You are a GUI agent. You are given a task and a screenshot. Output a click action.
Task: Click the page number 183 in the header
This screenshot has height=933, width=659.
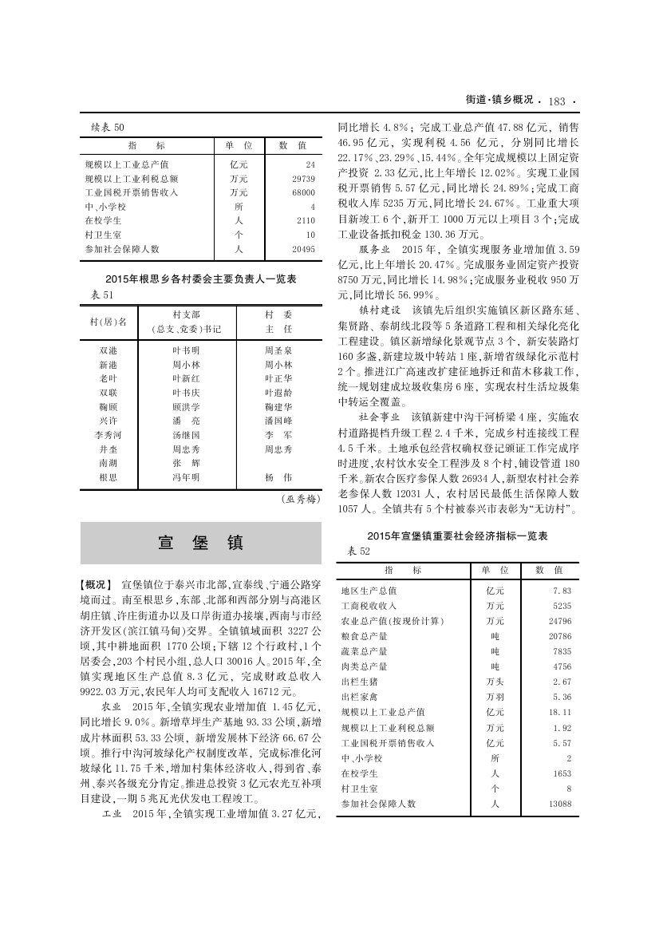tap(557, 101)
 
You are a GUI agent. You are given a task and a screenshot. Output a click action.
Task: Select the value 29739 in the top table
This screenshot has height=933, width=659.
tap(305, 179)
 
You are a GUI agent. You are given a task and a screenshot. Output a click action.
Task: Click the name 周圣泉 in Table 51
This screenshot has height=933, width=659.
tap(278, 350)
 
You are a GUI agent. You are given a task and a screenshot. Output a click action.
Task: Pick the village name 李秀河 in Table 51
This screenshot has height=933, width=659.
tap(109, 435)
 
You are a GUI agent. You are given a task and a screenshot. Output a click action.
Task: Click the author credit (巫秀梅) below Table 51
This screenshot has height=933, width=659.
tap(300, 500)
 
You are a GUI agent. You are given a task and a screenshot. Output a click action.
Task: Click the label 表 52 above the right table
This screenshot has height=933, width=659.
tap(359, 551)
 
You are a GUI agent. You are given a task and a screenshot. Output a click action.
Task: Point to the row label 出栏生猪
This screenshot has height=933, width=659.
tap(364, 682)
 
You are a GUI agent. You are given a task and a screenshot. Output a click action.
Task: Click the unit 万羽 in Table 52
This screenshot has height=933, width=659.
tap(495, 697)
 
